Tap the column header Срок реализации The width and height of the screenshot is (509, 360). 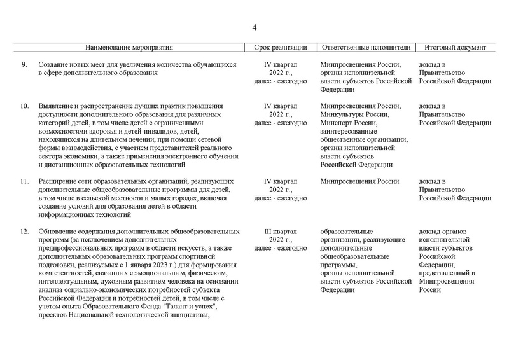(281, 48)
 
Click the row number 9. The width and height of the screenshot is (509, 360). (24, 65)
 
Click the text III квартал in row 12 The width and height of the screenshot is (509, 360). (281, 231)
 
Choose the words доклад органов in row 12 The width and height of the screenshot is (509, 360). (444, 231)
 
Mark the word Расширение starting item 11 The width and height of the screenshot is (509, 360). (59, 181)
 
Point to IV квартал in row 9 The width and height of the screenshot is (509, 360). (281, 65)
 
